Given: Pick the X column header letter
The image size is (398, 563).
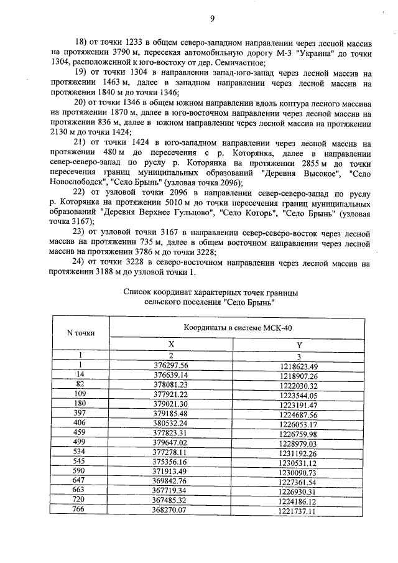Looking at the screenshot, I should [x=171, y=343].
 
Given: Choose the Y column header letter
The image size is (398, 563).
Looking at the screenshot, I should [x=299, y=343].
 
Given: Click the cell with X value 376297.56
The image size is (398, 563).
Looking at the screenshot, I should [x=170, y=366].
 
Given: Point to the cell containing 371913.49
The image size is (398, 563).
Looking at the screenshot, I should [x=170, y=472].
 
